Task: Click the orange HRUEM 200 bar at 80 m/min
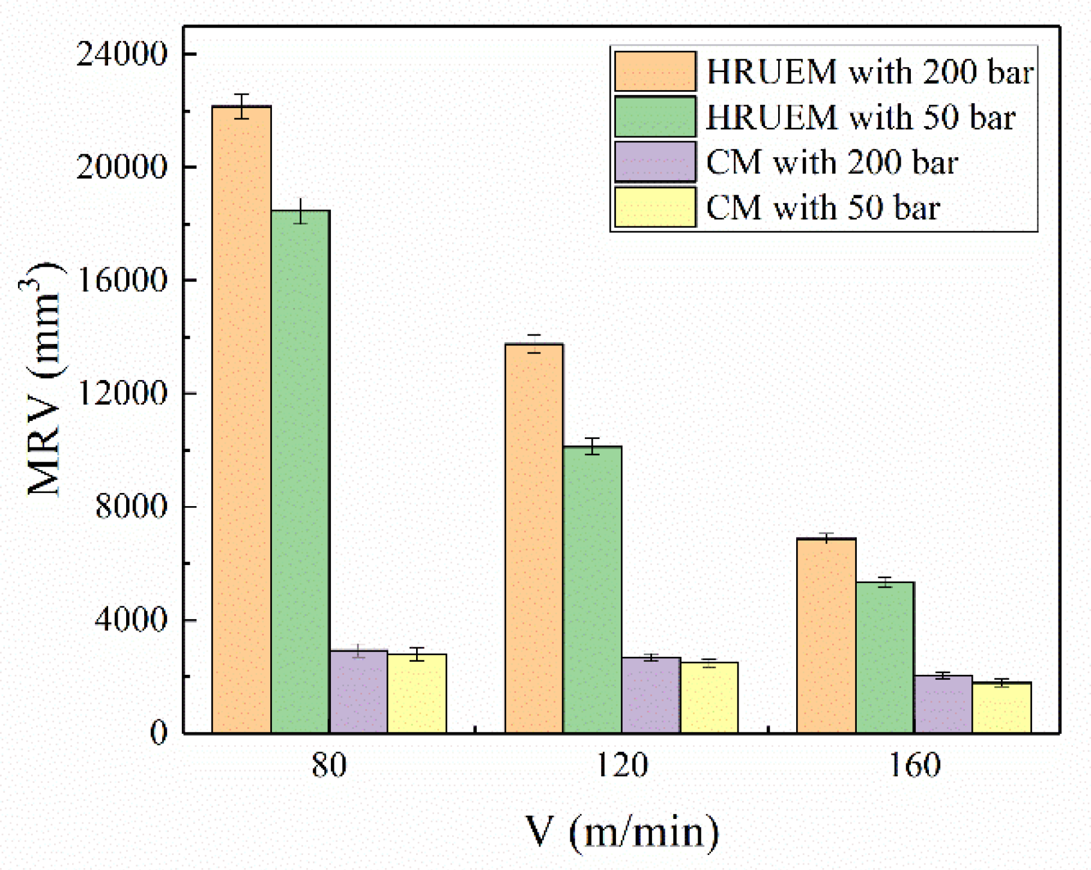tap(241, 420)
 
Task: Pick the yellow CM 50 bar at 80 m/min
tap(417, 693)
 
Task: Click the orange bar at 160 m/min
tap(826, 636)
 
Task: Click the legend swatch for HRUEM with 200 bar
tap(655, 71)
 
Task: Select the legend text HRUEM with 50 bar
tap(860, 117)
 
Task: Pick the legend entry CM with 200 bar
tap(832, 162)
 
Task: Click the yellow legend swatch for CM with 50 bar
tap(655, 208)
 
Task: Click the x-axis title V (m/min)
tap(622, 832)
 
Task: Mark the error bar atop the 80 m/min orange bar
tap(241, 106)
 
